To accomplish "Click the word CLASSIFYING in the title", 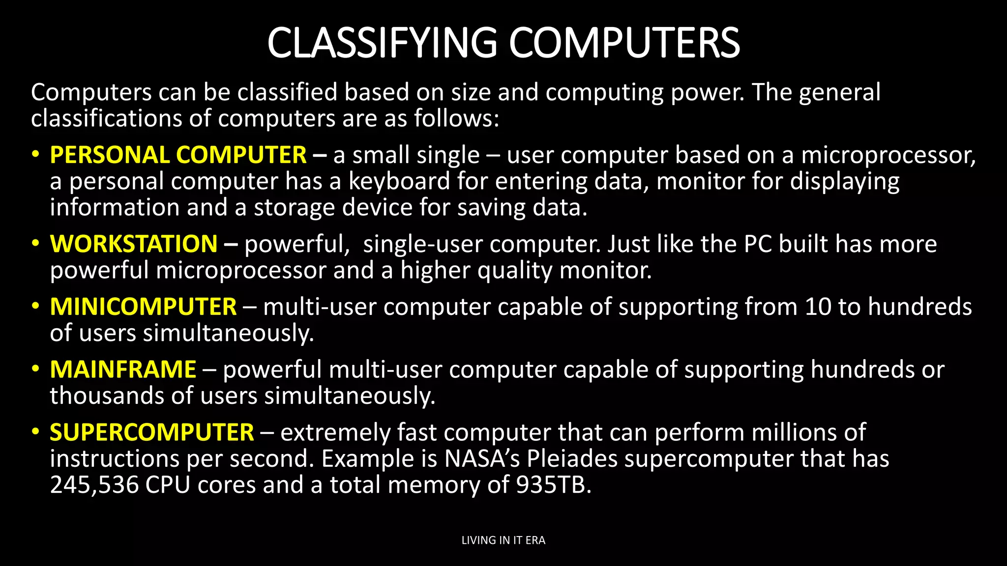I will (382, 43).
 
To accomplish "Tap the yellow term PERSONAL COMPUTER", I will (178, 155).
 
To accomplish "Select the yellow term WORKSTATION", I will (134, 244).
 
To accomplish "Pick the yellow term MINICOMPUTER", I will (143, 307).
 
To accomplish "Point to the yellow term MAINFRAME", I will (123, 370).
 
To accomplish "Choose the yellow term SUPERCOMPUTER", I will (152, 433).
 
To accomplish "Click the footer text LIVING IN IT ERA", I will (503, 540).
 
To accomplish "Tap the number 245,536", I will (94, 485).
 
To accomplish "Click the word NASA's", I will (482, 459).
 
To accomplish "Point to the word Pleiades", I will (572, 459).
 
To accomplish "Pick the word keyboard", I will (399, 181).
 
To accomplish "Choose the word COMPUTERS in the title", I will (624, 43).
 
